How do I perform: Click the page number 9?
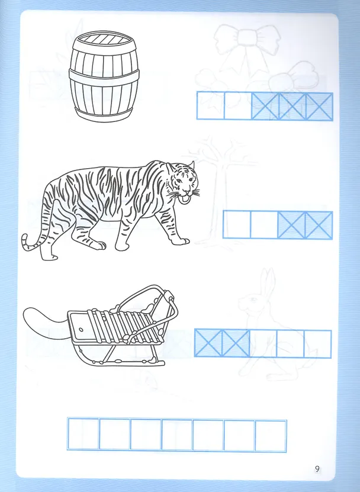(x=317, y=469)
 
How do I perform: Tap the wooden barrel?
(x=104, y=76)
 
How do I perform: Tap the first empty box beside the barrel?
(x=210, y=106)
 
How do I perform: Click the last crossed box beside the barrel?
(x=319, y=107)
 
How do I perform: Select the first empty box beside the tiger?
(x=237, y=224)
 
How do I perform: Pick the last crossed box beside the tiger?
(x=319, y=226)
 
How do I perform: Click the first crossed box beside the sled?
(x=208, y=343)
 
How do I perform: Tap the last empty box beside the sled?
(x=317, y=344)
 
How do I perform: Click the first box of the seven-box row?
(x=83, y=434)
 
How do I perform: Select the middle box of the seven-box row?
(x=176, y=435)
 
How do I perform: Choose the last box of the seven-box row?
(x=271, y=436)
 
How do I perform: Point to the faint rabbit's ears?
(x=268, y=282)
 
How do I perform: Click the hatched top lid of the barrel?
(x=104, y=40)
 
